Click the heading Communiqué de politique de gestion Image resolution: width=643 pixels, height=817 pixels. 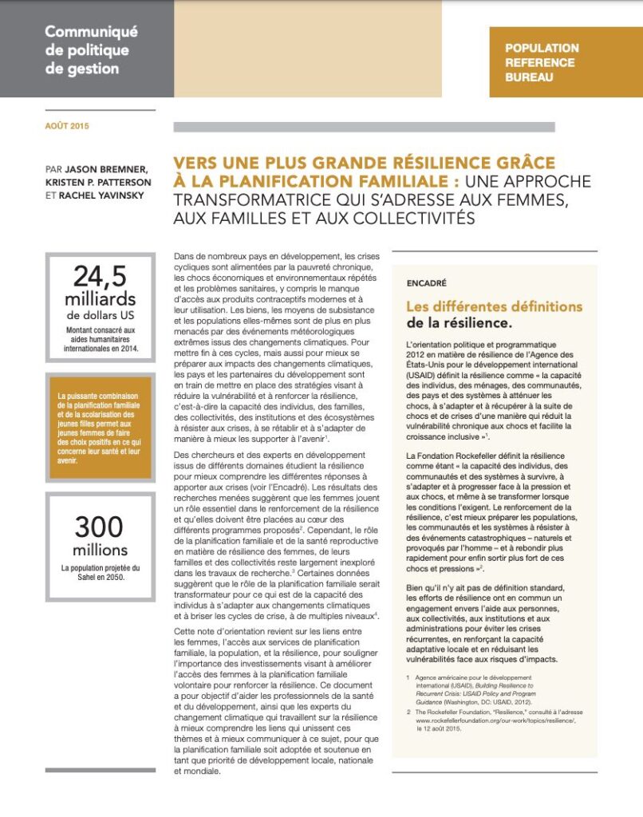91,50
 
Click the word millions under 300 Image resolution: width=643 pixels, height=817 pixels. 100,550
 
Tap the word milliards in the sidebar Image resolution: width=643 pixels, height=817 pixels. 100,299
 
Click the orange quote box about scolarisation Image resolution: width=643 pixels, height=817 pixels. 100,428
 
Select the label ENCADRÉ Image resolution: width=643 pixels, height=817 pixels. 427,282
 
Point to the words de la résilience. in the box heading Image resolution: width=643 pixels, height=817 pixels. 459,323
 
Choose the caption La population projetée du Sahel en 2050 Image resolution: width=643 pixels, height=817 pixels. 100,573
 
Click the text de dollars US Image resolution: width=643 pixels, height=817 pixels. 100,316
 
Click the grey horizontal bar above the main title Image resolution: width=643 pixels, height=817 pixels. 364,127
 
